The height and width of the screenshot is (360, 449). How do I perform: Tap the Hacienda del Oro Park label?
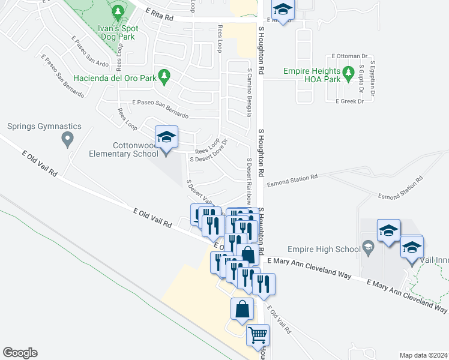[x=115, y=78]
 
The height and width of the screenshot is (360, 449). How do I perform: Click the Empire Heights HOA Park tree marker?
[x=349, y=74]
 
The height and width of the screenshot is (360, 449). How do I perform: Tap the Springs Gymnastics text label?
[x=44, y=127]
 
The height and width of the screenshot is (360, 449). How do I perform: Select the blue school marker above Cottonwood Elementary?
[x=166, y=137]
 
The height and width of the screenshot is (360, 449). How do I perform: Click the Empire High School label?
[x=323, y=248]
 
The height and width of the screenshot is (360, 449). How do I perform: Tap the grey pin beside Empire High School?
[x=368, y=247]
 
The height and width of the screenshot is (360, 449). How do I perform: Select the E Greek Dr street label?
[x=350, y=101]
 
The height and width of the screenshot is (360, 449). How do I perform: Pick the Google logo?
[x=20, y=353]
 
